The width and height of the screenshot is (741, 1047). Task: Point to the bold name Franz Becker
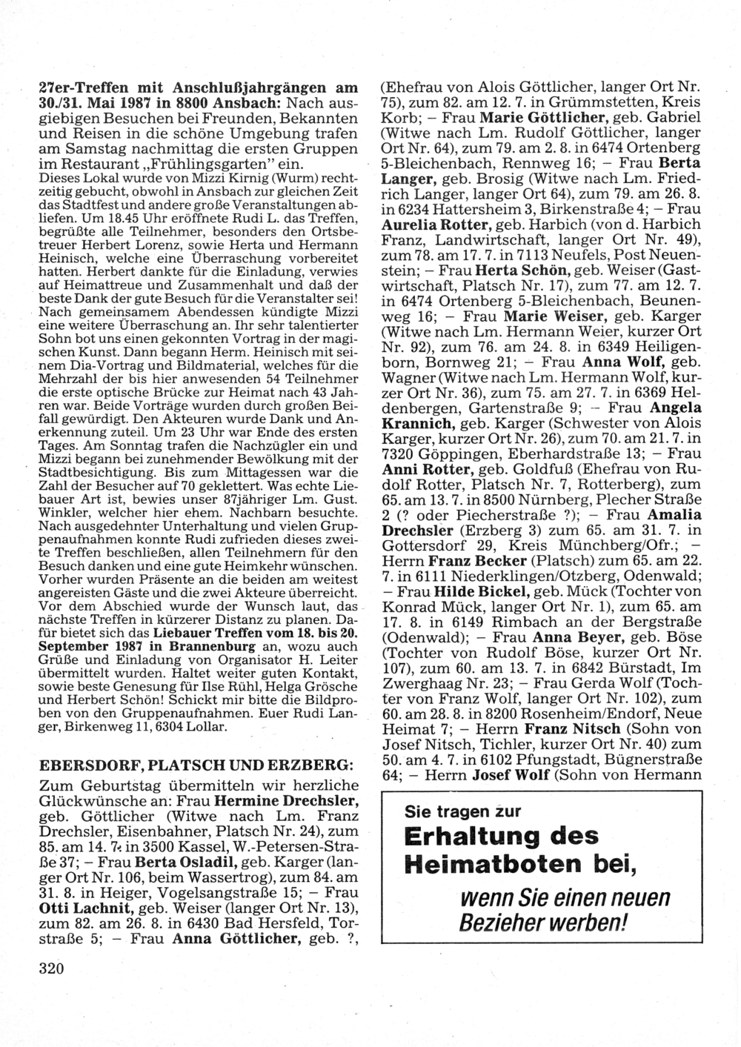click(473, 561)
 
